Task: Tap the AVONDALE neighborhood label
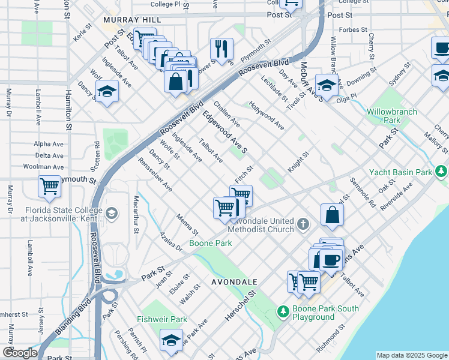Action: pyautogui.click(x=234, y=281)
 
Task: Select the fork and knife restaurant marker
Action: pyautogui.click(x=221, y=49)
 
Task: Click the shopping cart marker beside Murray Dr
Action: pyautogui.click(x=49, y=186)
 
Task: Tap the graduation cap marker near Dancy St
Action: pyautogui.click(x=107, y=92)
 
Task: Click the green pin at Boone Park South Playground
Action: pyautogui.click(x=283, y=312)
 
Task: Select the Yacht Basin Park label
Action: pyautogui.click(x=400, y=172)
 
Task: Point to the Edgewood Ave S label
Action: pyautogui.click(x=225, y=132)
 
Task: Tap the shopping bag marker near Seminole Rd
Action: pyautogui.click(x=332, y=215)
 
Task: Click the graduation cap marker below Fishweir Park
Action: pyautogui.click(x=171, y=340)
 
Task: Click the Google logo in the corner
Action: pyautogui.click(x=20, y=353)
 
